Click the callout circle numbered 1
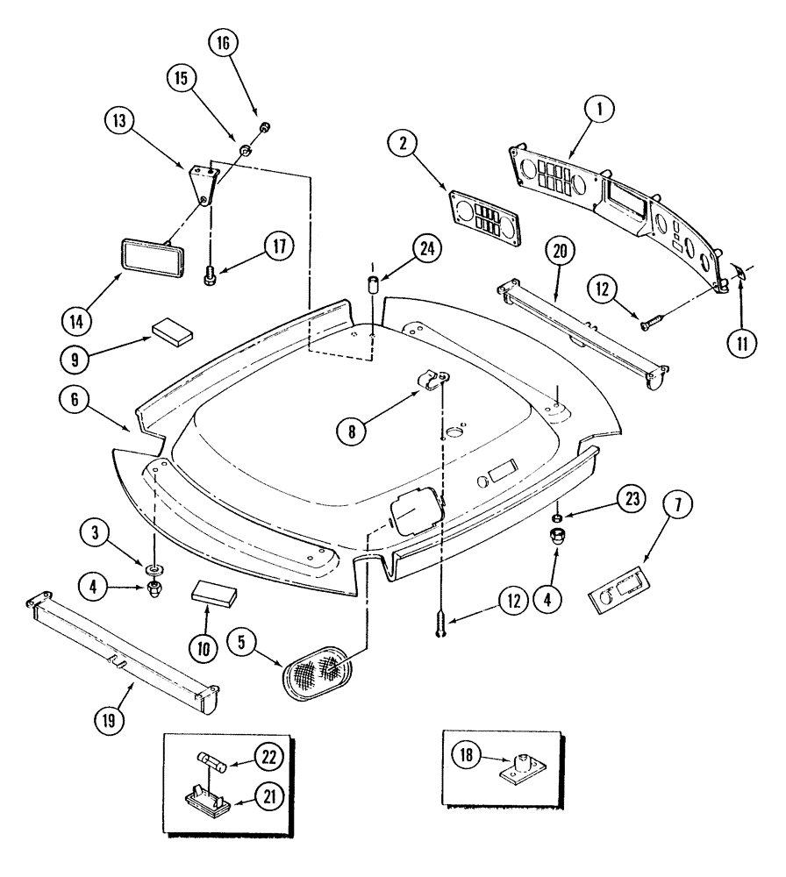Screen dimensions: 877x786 click(x=600, y=111)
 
